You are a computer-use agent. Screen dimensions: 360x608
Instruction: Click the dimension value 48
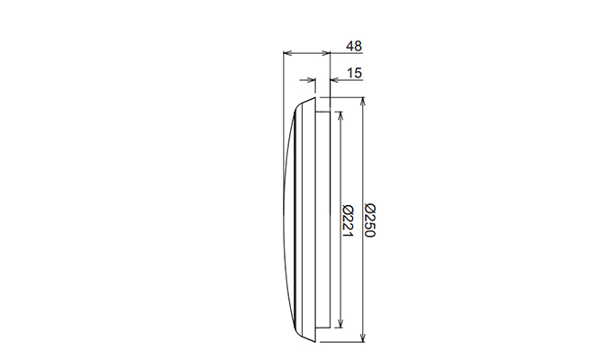coord(353,46)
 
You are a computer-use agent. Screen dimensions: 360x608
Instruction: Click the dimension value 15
coord(353,73)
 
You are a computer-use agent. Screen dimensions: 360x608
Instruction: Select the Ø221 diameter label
coord(348,221)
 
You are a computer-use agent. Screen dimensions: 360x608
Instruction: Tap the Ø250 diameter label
coord(369,221)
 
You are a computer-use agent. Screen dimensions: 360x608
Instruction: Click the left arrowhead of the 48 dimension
coord(287,53)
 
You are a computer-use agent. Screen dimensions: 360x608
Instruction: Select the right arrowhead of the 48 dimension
coord(326,53)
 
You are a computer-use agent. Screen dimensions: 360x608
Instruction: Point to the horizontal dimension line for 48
coord(306,53)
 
